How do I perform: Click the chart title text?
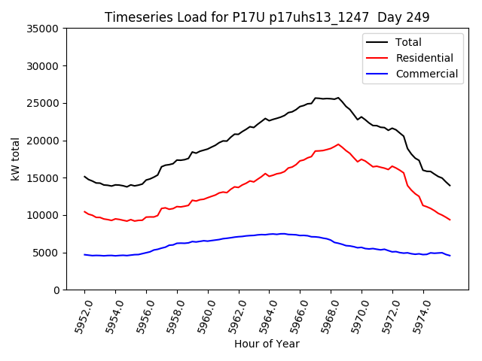pyautogui.click(x=267, y=17)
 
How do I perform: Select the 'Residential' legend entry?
pyautogui.click(x=424, y=58)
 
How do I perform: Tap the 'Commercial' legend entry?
pyautogui.click(x=426, y=74)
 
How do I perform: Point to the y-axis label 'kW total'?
pyautogui.click(x=15, y=159)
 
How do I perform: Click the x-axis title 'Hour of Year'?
pyautogui.click(x=267, y=344)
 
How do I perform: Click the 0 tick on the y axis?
pyautogui.click(x=56, y=290)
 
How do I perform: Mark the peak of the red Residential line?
pyautogui.click(x=338, y=144)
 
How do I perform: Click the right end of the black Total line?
pyautogui.click(x=450, y=185)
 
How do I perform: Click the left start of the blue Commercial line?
pyautogui.click(x=84, y=255)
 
